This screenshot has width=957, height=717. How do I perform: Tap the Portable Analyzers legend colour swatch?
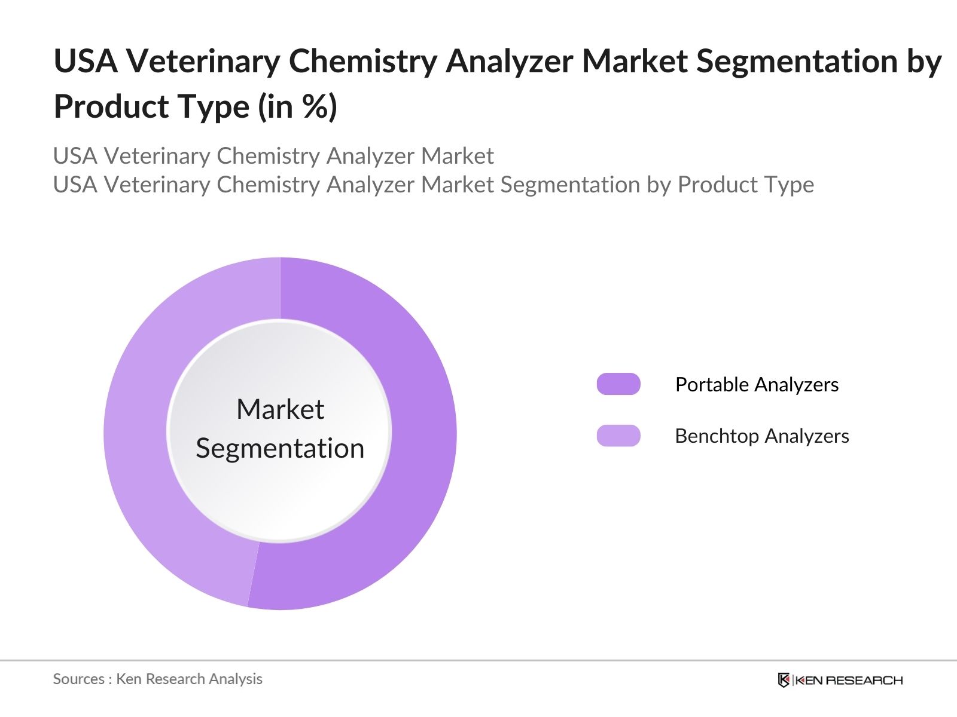(x=618, y=384)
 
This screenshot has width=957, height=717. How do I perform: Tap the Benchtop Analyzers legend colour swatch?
(x=618, y=436)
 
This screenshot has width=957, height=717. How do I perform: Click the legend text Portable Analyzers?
(x=757, y=385)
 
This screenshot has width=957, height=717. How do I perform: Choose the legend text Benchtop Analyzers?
(x=761, y=436)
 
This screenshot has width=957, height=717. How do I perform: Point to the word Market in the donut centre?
(x=280, y=410)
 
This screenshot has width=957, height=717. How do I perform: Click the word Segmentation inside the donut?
(x=280, y=448)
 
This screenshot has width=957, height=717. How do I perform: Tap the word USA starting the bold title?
(x=85, y=62)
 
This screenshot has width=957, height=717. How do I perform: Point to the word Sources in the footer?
(x=78, y=679)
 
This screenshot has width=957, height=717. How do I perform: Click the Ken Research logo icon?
(x=784, y=680)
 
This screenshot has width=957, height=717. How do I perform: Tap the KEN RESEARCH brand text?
(x=849, y=680)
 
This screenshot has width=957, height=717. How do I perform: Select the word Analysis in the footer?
(x=239, y=679)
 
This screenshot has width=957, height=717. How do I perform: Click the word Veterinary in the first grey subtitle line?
(x=159, y=156)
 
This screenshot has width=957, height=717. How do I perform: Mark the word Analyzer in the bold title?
(x=509, y=62)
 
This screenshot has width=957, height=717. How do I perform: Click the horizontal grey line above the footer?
(x=478, y=660)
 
